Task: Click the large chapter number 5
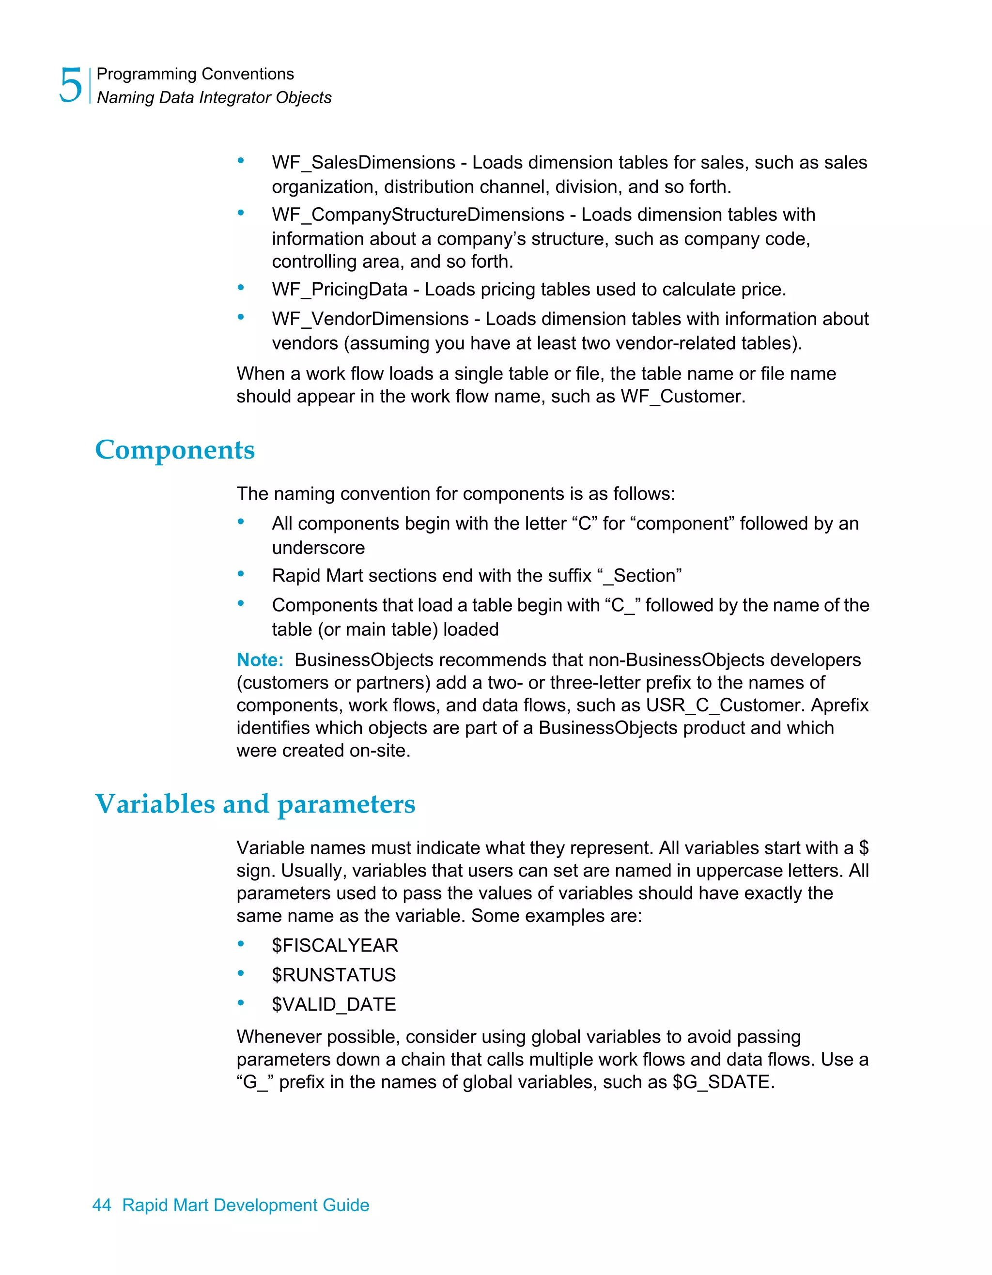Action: pyautogui.click(x=71, y=86)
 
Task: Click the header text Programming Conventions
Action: pyautogui.click(x=195, y=74)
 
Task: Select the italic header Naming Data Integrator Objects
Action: pyautogui.click(x=214, y=97)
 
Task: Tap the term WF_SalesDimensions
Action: pyautogui.click(x=363, y=162)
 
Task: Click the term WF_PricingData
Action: pyautogui.click(x=339, y=290)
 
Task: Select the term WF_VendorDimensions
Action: pyautogui.click(x=370, y=319)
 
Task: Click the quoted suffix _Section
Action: pyautogui.click(x=639, y=576)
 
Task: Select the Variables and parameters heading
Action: pyautogui.click(x=255, y=804)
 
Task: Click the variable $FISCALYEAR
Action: pyautogui.click(x=335, y=945)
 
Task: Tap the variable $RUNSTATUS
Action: pyautogui.click(x=333, y=975)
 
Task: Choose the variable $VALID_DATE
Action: pyautogui.click(x=333, y=1004)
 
